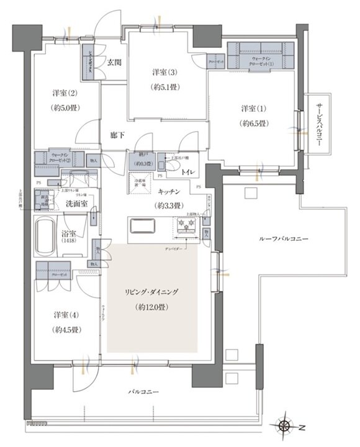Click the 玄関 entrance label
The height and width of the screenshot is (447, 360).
(114, 62)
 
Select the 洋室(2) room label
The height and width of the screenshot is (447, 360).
(64, 94)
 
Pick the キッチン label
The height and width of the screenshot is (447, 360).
(169, 192)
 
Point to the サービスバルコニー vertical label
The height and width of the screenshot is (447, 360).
(318, 124)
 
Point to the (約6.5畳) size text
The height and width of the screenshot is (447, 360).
(254, 123)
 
